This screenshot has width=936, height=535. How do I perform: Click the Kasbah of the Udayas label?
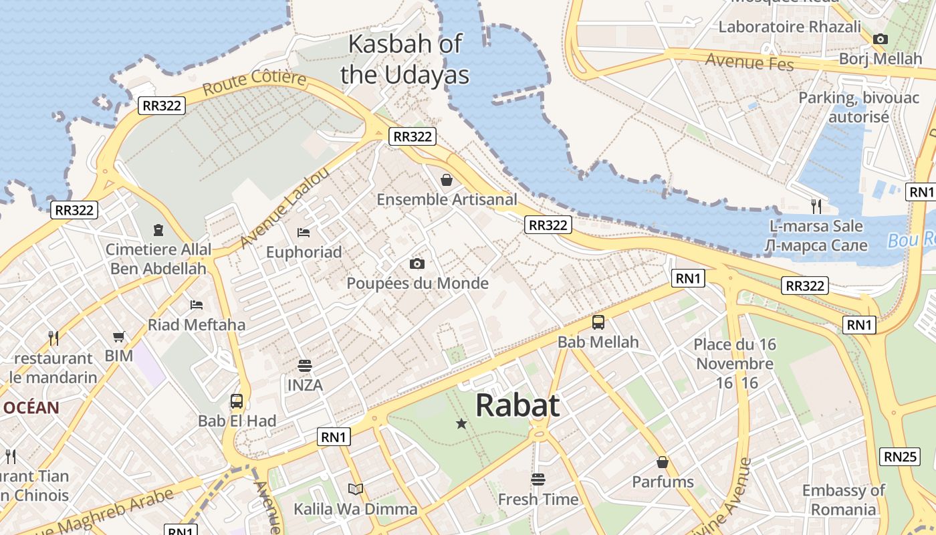click(404, 59)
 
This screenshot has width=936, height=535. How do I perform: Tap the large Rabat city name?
click(517, 405)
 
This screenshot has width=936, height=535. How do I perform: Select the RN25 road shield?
click(900, 457)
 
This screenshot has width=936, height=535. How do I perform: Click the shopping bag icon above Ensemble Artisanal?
click(447, 180)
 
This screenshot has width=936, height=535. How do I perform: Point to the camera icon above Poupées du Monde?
click(417, 263)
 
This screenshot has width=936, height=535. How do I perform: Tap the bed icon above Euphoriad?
click(304, 233)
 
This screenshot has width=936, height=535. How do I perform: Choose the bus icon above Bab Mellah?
click(598, 322)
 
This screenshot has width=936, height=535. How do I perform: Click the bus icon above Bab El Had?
click(237, 401)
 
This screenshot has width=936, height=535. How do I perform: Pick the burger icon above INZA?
click(305, 366)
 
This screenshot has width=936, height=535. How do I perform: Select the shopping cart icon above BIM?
click(119, 336)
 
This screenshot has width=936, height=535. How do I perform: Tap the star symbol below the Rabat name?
click(461, 423)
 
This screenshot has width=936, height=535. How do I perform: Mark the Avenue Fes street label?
click(749, 62)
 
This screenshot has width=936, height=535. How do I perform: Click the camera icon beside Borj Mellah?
click(881, 39)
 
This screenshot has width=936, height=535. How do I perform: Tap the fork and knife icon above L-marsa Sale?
click(816, 206)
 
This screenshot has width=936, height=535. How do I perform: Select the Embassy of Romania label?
click(843, 500)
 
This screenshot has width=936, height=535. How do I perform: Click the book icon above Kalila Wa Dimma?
click(356, 490)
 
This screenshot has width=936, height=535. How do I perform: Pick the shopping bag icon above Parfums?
click(663, 462)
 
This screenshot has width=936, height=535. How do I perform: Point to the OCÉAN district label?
click(31, 407)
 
